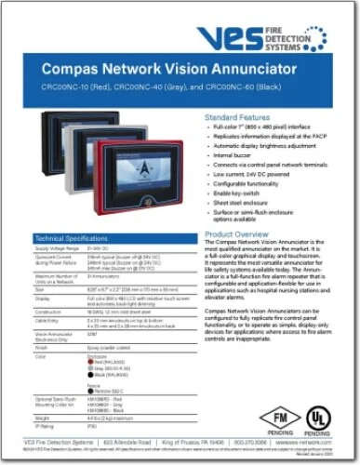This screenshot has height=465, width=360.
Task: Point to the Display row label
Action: [43, 296]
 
